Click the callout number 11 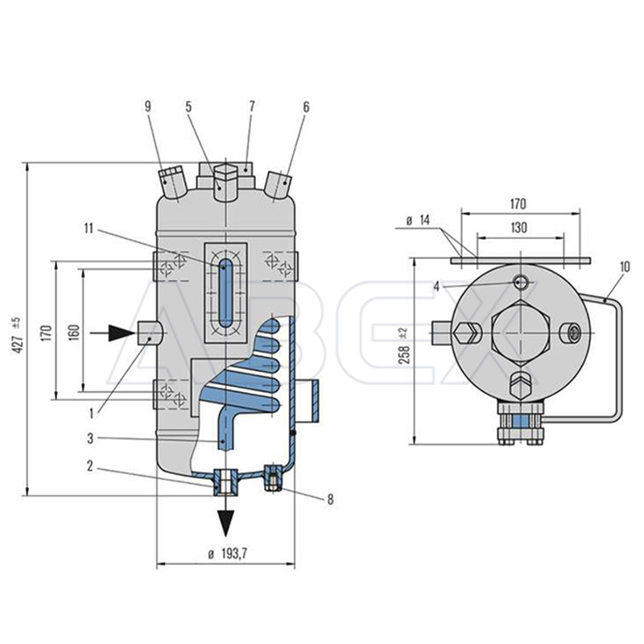tap(89, 229)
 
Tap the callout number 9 tap(148, 106)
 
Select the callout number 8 tap(330, 499)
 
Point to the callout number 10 tap(625, 267)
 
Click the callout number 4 tap(436, 287)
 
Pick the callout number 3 tap(90, 438)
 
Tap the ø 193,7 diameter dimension tap(228, 554)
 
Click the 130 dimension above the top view tap(519, 227)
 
